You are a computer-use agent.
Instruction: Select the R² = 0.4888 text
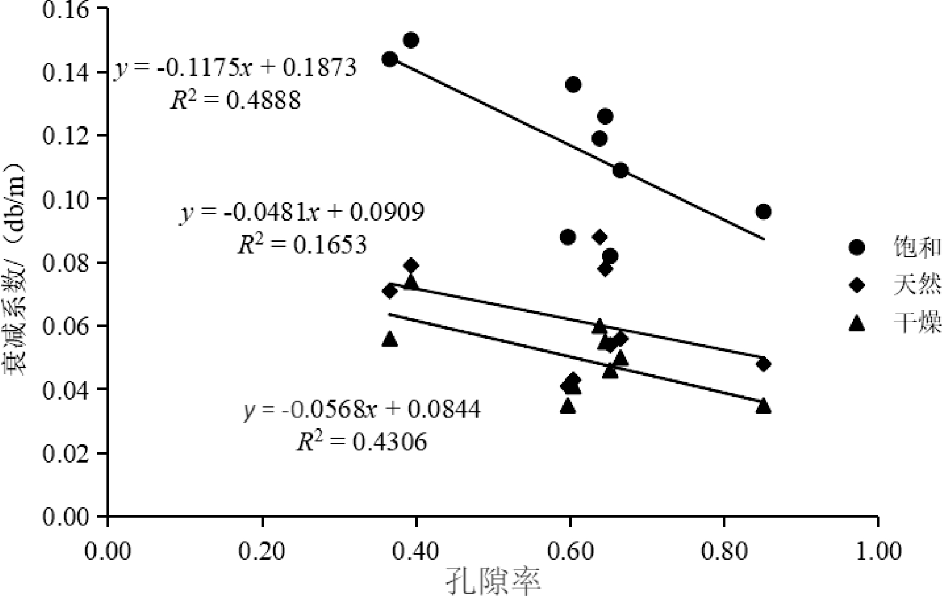(235, 100)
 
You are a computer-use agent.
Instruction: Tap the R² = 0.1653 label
(302, 245)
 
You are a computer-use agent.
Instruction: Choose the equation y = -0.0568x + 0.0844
(362, 409)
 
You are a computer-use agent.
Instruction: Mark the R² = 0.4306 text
(361, 442)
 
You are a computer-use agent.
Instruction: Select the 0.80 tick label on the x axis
(724, 551)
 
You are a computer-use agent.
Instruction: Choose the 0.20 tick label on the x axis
(262, 551)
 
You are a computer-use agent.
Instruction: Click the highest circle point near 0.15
(411, 40)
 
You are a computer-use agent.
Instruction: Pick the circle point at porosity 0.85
(763, 212)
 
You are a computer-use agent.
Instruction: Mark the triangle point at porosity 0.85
(763, 406)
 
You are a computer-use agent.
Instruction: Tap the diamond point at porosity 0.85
(763, 364)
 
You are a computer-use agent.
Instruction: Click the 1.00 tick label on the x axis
(877, 551)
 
